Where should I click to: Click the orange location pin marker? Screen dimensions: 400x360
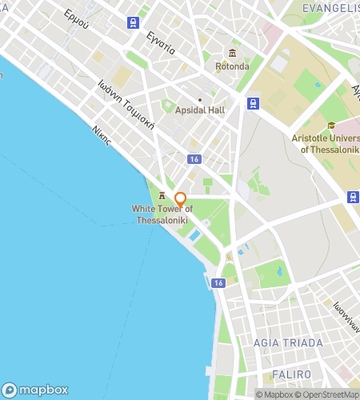(181, 198)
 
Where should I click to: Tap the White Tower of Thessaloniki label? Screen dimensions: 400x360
(162, 214)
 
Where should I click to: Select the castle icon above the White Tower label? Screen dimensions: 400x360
(162, 195)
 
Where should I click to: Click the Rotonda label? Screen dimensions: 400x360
(232, 67)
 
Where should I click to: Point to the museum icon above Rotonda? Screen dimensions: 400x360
(232, 53)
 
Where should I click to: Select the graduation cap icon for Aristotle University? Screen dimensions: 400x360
(331, 125)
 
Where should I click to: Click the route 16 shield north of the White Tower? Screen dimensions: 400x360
(194, 159)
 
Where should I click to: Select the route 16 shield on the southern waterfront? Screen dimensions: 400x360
(218, 282)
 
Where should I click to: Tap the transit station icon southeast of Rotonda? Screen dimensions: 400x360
(253, 102)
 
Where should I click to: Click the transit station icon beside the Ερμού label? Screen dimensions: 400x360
(133, 22)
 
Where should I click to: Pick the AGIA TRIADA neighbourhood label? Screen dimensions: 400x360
(288, 343)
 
